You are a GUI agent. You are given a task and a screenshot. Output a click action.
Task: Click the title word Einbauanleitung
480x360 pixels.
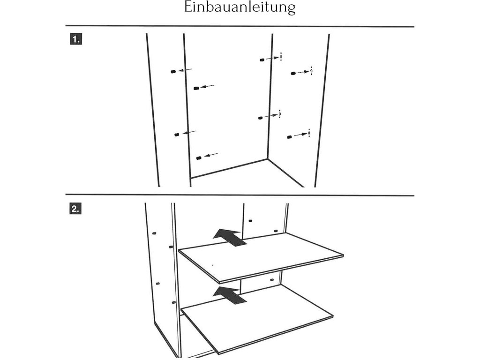point(240,8)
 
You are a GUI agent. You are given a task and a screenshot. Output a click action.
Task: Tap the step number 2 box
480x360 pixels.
point(75,209)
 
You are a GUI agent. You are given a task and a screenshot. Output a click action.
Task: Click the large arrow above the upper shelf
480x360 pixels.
point(230,237)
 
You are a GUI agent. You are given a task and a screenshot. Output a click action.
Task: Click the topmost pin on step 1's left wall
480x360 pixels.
point(173,72)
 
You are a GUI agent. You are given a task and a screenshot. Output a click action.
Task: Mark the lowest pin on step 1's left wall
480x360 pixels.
point(199,157)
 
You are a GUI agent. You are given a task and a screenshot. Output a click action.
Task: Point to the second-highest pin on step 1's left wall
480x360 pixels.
point(196,88)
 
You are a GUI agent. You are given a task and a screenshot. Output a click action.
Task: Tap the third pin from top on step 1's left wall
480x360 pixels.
point(176,135)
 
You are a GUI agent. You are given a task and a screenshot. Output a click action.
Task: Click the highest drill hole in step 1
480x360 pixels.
point(281,57)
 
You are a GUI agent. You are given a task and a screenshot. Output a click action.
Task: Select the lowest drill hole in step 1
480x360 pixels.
point(309,134)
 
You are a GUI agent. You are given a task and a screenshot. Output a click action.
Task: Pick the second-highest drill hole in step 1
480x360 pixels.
point(311,71)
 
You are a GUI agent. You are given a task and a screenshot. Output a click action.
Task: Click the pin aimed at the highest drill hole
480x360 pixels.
point(262,60)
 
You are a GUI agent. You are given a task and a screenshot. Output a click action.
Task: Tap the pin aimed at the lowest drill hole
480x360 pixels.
point(289,137)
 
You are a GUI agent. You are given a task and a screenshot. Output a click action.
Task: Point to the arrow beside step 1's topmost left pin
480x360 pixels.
point(185,70)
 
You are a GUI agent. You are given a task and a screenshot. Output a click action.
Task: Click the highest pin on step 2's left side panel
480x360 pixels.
point(154,232)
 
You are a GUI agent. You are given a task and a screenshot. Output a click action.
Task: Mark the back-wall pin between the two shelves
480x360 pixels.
point(271,280)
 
